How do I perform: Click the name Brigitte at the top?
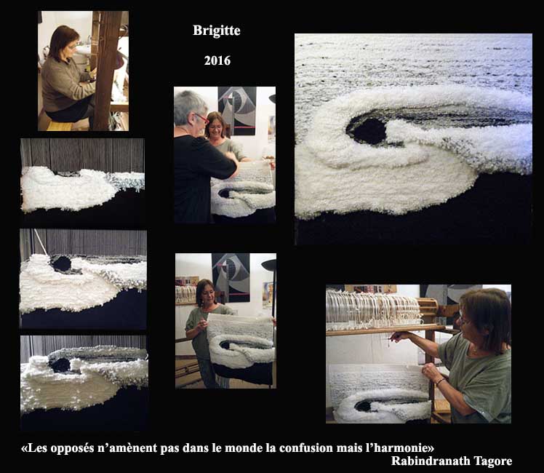coord(217,31)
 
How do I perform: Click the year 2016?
coord(217,60)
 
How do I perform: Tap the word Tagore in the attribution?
coord(492,461)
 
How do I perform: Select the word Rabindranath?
coord(431,461)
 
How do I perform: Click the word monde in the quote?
coord(244,448)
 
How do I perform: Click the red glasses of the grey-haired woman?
coord(201,119)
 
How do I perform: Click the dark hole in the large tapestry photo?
coord(367,131)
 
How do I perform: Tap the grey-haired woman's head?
coord(190,108)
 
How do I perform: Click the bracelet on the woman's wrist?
coord(440,382)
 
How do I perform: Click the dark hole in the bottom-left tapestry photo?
coord(60,365)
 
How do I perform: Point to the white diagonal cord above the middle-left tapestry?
coord(41,242)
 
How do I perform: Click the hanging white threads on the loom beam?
coord(373,308)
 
